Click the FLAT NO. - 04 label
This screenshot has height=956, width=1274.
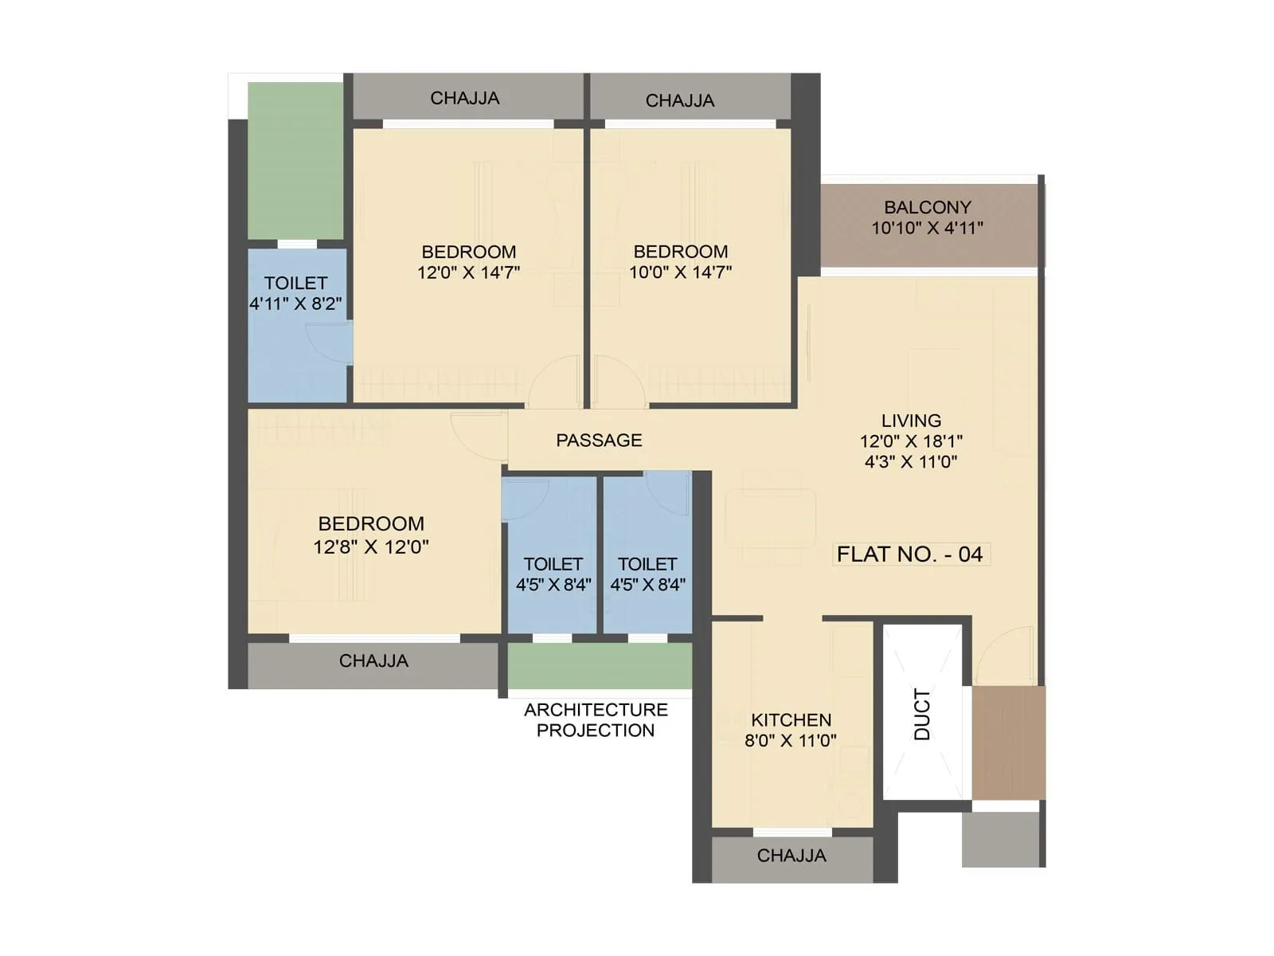coord(910,554)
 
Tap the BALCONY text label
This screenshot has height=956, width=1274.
coord(928,207)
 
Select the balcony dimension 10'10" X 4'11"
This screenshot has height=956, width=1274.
coord(928,228)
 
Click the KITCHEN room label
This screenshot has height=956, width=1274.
coord(791,720)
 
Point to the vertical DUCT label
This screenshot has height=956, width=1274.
coord(922,715)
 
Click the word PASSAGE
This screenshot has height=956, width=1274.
coord(599,441)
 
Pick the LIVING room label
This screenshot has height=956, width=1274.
coord(911,421)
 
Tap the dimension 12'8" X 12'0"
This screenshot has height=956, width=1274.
coord(371,547)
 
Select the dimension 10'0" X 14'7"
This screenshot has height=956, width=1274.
coord(681,272)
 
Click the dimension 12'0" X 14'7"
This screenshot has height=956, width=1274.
coord(468,272)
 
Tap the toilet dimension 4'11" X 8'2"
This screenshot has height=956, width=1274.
coord(295,304)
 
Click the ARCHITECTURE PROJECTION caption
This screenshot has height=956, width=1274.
coord(596,720)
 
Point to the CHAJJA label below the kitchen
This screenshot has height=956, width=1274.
coord(791,856)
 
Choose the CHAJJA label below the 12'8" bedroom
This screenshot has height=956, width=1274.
coord(373,661)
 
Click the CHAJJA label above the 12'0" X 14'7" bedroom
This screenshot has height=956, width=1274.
coord(465,99)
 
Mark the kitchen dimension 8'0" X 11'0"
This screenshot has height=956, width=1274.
coord(791,741)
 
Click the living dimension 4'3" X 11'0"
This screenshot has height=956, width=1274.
coord(911,462)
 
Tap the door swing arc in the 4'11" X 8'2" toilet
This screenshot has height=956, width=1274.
coord(330,343)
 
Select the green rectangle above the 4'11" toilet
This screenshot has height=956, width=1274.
coord(295,160)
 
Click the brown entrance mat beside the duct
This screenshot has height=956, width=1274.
coord(1008,742)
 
